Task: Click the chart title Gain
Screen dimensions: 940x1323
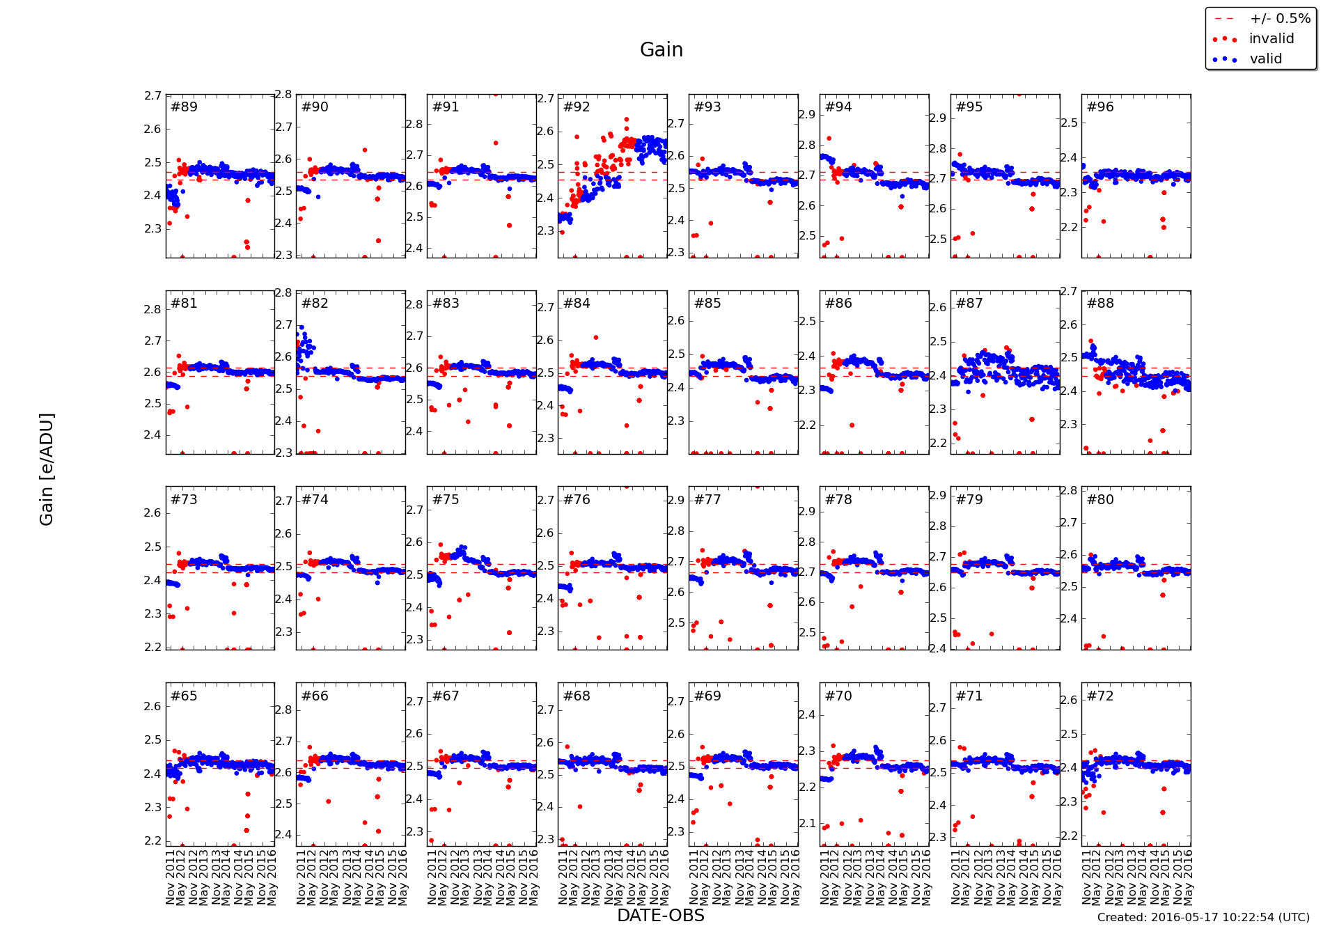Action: [x=661, y=50]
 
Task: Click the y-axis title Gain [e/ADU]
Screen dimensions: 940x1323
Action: [x=47, y=469]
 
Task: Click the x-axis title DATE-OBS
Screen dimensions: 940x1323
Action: [x=661, y=916]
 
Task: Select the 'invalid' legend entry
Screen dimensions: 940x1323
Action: [x=1271, y=39]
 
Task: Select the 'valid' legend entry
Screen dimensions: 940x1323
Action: [x=1265, y=59]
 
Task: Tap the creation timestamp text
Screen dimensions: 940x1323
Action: [x=1203, y=917]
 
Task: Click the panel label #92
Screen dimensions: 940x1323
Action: [x=577, y=107]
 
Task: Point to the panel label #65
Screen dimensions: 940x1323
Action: [x=184, y=696]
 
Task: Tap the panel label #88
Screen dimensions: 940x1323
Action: [x=1100, y=303]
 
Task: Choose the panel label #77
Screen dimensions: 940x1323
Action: [x=707, y=499]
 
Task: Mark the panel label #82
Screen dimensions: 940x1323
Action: [x=315, y=303]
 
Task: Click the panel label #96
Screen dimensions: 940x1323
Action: [x=1100, y=107]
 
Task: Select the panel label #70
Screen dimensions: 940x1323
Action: [x=838, y=696]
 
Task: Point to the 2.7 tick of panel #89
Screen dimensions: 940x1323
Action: [x=152, y=95]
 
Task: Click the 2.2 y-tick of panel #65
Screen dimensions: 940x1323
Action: [x=152, y=840]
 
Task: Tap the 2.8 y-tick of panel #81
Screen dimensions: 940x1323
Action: [x=152, y=309]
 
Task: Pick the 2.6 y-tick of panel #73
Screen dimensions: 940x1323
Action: [x=152, y=513]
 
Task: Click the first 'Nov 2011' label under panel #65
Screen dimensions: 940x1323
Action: [x=171, y=876]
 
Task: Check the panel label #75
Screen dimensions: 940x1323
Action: [x=446, y=499]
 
